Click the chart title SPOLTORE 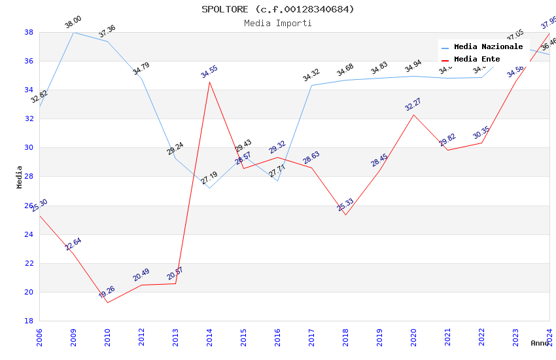278,9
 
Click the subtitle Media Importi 278,23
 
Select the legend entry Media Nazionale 488,47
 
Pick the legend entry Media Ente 477,60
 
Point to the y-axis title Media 20,177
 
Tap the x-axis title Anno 540,343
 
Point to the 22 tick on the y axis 29,263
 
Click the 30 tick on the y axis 29,148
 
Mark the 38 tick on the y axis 29,32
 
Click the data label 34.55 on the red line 209,71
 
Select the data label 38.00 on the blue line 73,23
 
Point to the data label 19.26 107,292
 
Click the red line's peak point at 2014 209,82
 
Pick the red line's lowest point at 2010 107,302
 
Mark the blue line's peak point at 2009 73,32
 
